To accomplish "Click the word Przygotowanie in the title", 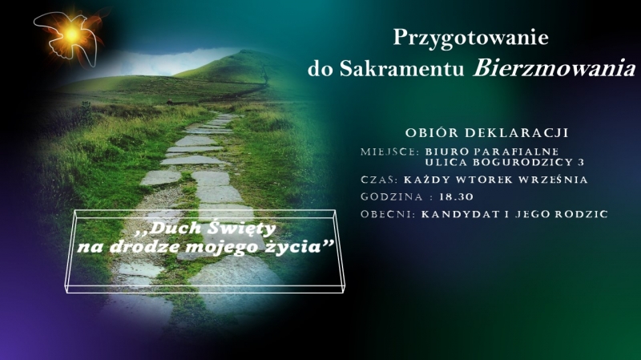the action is [x=470, y=38].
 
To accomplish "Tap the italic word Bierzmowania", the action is [x=554, y=68].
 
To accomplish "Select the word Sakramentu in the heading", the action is [x=402, y=69].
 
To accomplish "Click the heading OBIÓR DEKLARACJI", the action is [x=487, y=133].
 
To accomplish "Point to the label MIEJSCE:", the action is [x=390, y=152].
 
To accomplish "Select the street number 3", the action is [x=581, y=163].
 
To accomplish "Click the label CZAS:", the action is [x=379, y=180].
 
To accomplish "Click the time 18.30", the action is [x=456, y=197].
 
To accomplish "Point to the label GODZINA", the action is [x=392, y=197].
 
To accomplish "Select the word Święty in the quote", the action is [x=241, y=229].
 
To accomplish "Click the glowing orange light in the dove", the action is [x=71, y=34].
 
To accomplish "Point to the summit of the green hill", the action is [x=246, y=51].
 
